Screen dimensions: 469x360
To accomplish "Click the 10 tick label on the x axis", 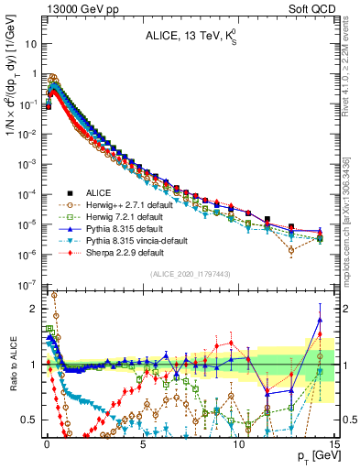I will (238, 441).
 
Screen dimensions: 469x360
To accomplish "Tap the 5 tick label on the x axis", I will (143, 441).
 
